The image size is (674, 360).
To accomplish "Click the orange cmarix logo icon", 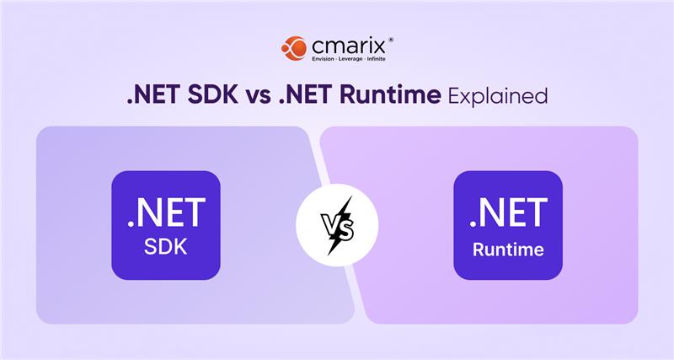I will tap(294, 48).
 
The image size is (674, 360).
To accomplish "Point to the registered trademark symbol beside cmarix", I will tap(390, 39).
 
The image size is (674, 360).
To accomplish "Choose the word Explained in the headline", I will tap(498, 96).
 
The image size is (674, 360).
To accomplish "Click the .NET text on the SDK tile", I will tap(166, 212).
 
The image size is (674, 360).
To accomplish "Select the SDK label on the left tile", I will tap(166, 249).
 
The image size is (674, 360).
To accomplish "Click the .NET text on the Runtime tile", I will tap(508, 212).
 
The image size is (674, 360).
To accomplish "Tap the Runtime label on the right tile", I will tap(508, 250).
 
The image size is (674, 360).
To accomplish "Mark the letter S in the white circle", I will tap(348, 228).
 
